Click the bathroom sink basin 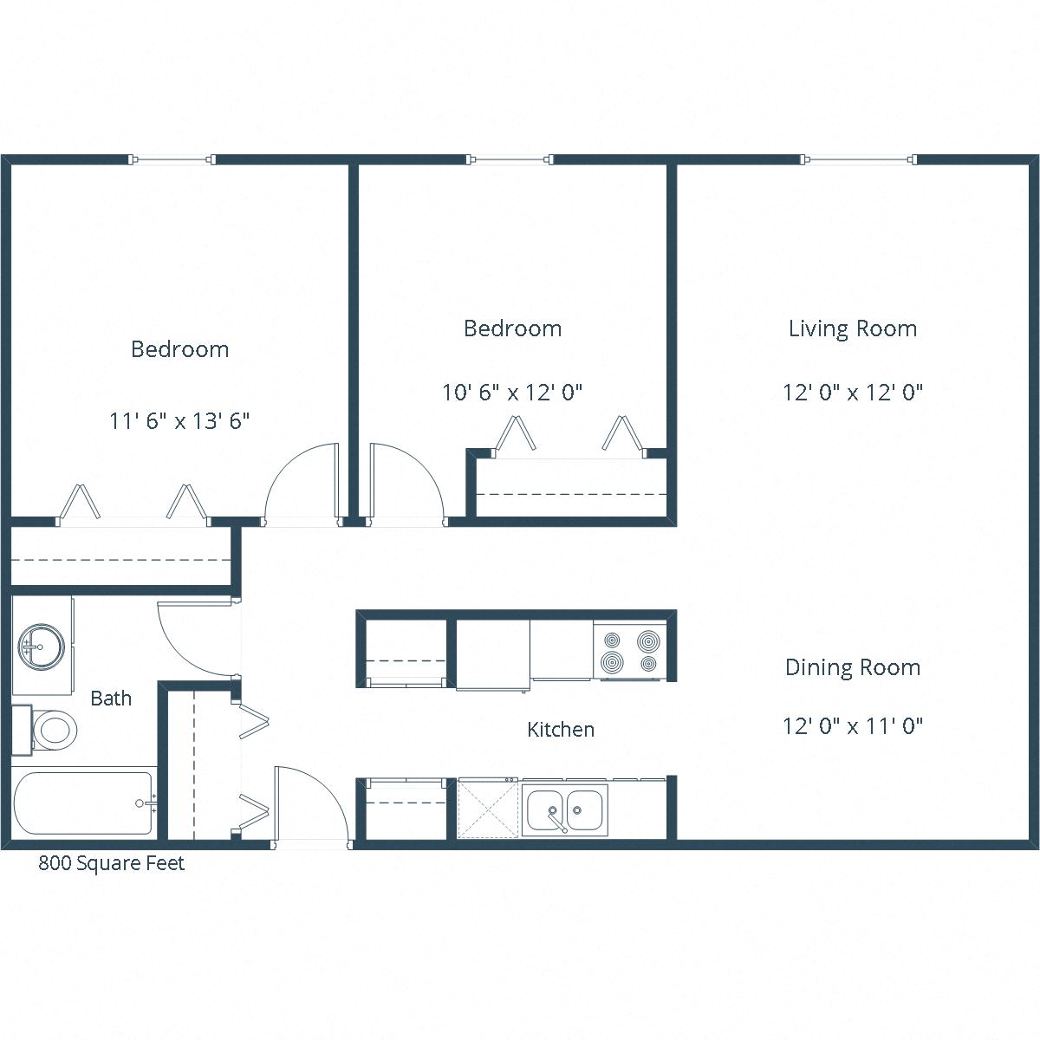[x=40, y=646]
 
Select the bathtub [x=82, y=804]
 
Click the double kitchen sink [x=564, y=810]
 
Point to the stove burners [x=630, y=653]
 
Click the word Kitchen [x=561, y=730]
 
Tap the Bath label [x=111, y=699]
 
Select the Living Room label [x=853, y=328]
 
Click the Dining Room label [x=853, y=667]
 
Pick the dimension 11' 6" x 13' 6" [x=179, y=421]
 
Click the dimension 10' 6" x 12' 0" [x=512, y=393]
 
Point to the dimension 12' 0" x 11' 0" [x=853, y=725]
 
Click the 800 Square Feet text [x=111, y=863]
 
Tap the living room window [x=860, y=159]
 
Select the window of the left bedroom [x=172, y=159]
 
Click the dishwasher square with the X [x=488, y=808]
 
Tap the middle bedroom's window [x=510, y=159]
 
